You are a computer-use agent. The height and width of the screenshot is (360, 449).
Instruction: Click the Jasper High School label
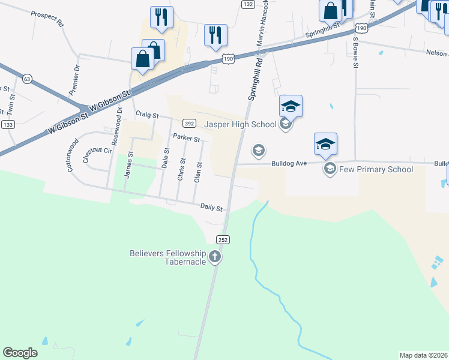241,125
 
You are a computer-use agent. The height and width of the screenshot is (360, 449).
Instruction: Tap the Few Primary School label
375,169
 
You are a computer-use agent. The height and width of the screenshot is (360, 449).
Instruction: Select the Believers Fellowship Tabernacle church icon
215,258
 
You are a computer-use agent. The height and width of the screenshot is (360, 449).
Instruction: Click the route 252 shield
223,239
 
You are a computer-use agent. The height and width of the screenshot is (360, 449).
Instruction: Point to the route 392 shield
188,124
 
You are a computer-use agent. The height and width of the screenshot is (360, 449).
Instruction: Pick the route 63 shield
26,79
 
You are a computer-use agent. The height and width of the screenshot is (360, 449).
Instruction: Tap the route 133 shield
8,124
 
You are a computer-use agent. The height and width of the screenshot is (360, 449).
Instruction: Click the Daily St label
211,208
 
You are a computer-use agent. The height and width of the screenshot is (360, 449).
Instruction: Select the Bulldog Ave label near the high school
289,163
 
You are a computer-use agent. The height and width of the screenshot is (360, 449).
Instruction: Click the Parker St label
186,138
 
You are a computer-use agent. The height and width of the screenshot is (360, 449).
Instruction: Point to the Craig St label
146,114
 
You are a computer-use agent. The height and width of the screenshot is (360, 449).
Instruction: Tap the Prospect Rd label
47,19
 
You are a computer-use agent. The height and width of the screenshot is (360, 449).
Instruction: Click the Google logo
20,352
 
